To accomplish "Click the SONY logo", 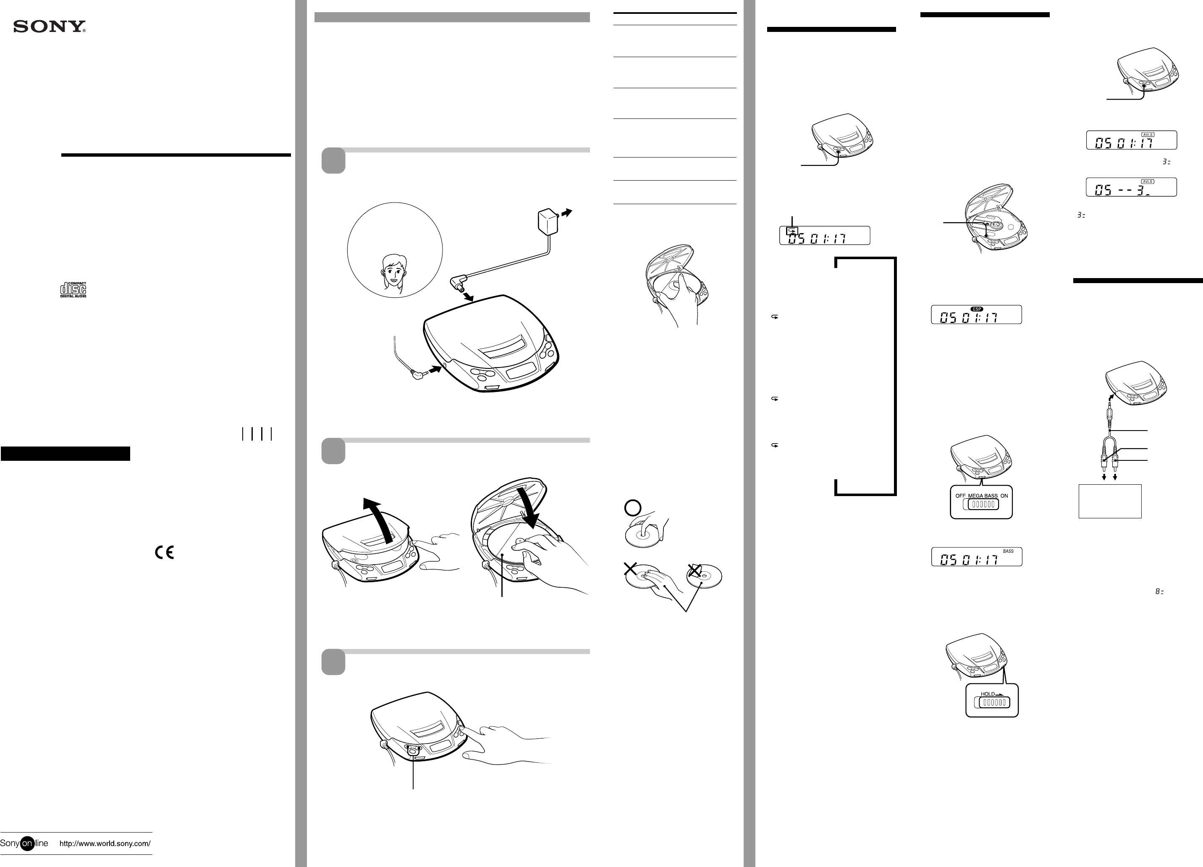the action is pos(49,26).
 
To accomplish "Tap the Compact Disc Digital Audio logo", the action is pos(73,290).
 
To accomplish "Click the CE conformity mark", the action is pos(165,552).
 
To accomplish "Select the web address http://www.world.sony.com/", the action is pos(105,843).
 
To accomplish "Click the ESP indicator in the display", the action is pos(977,309).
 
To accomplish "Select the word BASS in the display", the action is pos(1008,551).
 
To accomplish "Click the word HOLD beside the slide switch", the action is pos(988,694).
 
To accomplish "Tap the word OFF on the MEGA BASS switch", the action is pos(961,496).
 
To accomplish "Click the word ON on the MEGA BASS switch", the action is pos(1004,496).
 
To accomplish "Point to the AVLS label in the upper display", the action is pos(1147,135).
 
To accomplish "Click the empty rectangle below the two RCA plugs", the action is pos(1110,501).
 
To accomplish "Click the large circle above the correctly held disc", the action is pos(633,508).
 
